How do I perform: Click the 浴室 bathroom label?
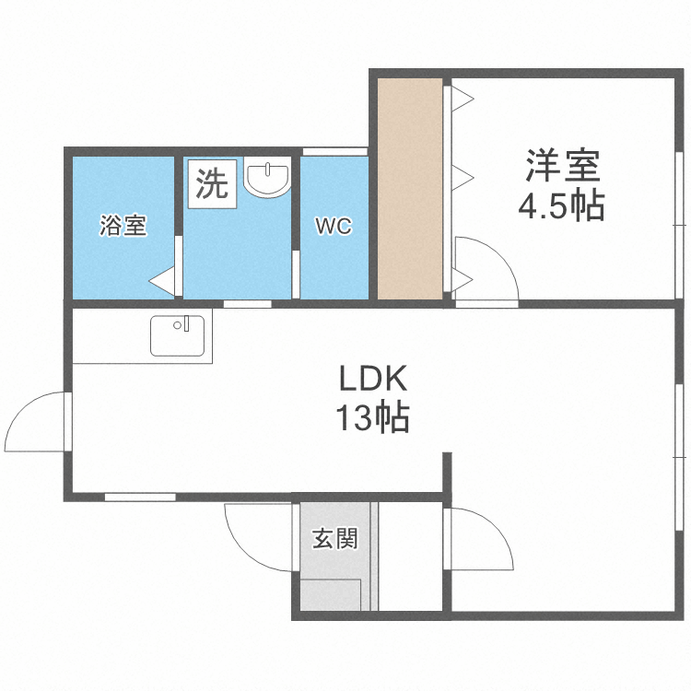(x=122, y=226)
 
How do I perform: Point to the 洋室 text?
(x=562, y=168)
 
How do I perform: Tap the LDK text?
(x=372, y=379)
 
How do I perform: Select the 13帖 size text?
(x=372, y=419)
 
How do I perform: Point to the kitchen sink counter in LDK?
(x=181, y=335)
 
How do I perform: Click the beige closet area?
(x=410, y=188)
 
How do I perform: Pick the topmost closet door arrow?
(x=462, y=96)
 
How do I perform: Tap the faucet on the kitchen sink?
(x=186, y=323)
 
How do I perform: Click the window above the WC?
(x=335, y=151)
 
